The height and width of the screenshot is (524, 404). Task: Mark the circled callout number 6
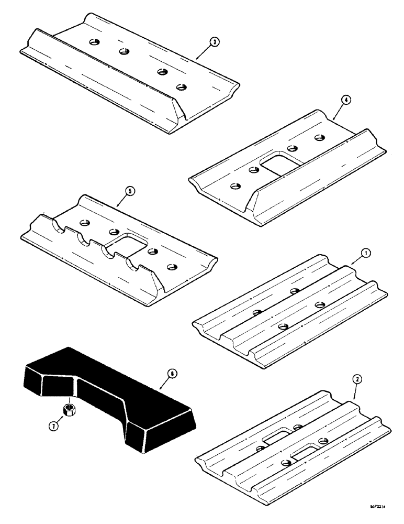tap(171, 373)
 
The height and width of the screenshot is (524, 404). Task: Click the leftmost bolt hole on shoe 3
tap(94, 41)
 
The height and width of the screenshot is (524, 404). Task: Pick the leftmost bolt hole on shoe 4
tap(235, 185)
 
